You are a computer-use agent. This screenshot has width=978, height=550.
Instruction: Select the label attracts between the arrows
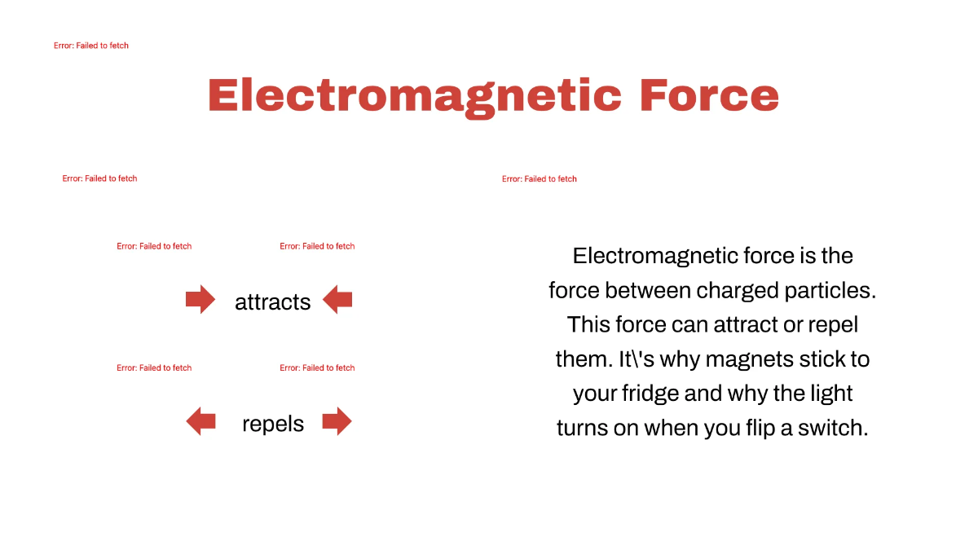(272, 302)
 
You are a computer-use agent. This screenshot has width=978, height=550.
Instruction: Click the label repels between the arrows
(272, 424)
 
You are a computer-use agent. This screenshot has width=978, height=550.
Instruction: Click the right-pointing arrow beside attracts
(200, 300)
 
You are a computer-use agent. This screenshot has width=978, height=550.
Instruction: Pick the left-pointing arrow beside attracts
(337, 300)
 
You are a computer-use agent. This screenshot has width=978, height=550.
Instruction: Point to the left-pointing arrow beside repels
(200, 421)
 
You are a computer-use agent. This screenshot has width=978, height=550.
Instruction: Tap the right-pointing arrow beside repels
(337, 421)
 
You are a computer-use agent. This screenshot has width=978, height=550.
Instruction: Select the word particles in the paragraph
(832, 290)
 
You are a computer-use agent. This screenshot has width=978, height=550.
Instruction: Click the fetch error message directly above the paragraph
(539, 178)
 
